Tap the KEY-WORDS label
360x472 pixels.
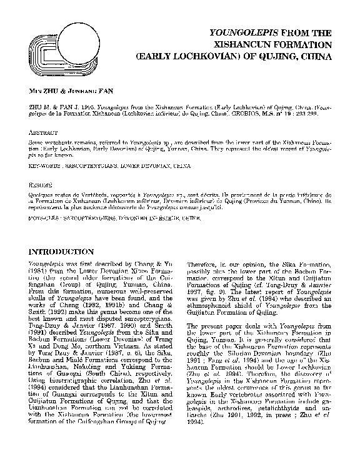pos(39,167)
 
